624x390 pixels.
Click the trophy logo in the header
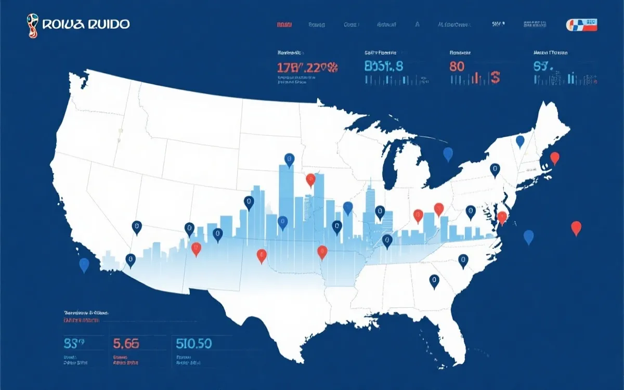click(32, 25)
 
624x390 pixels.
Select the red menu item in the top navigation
click(284, 24)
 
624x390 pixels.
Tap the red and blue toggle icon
click(581, 24)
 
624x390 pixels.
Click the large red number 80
click(456, 67)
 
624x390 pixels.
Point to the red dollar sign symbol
click(495, 78)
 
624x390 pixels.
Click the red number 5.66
click(126, 343)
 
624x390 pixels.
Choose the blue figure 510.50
click(193, 343)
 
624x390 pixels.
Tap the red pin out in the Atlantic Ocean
click(576, 228)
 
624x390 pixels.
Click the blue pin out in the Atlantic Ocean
click(529, 237)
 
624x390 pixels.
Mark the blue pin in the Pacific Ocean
click(84, 265)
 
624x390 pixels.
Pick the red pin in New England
click(555, 158)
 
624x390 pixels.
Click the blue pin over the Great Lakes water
click(448, 153)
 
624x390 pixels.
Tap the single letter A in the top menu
click(418, 24)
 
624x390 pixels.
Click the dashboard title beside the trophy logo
click(86, 24)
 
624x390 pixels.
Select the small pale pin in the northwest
click(121, 131)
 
